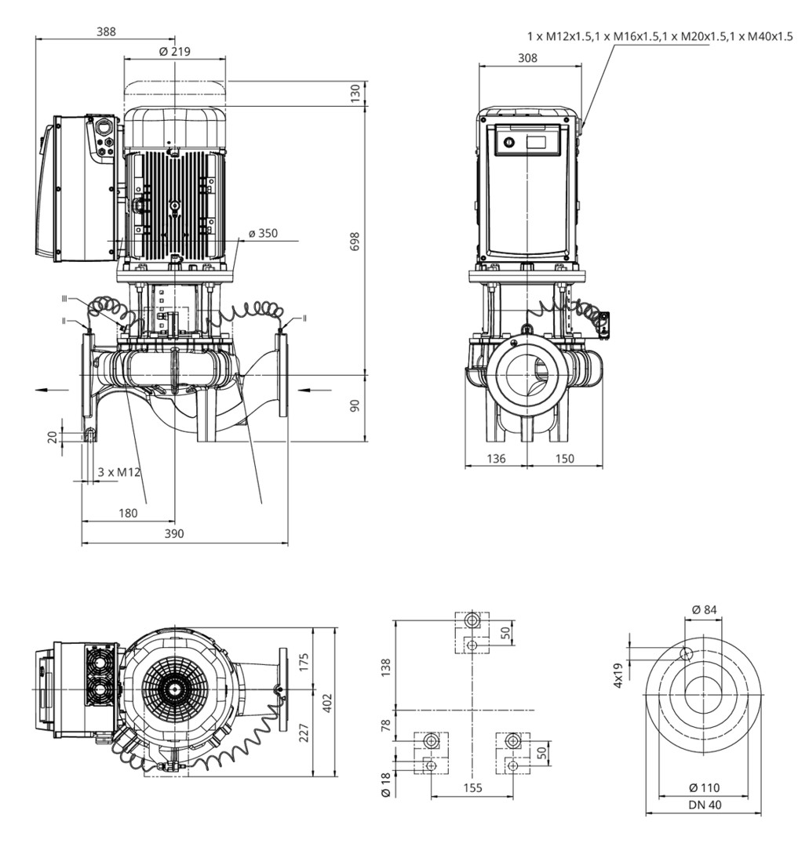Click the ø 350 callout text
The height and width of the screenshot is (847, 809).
(262, 234)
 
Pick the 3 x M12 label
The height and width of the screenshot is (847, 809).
(118, 472)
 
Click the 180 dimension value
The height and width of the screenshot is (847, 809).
(128, 513)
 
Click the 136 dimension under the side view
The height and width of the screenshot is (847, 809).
(495, 459)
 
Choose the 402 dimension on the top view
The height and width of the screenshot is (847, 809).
(327, 700)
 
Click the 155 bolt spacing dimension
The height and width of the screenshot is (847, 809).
(471, 787)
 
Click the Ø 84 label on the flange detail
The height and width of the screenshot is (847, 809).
(704, 610)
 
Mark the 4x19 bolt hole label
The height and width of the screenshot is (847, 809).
(619, 674)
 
